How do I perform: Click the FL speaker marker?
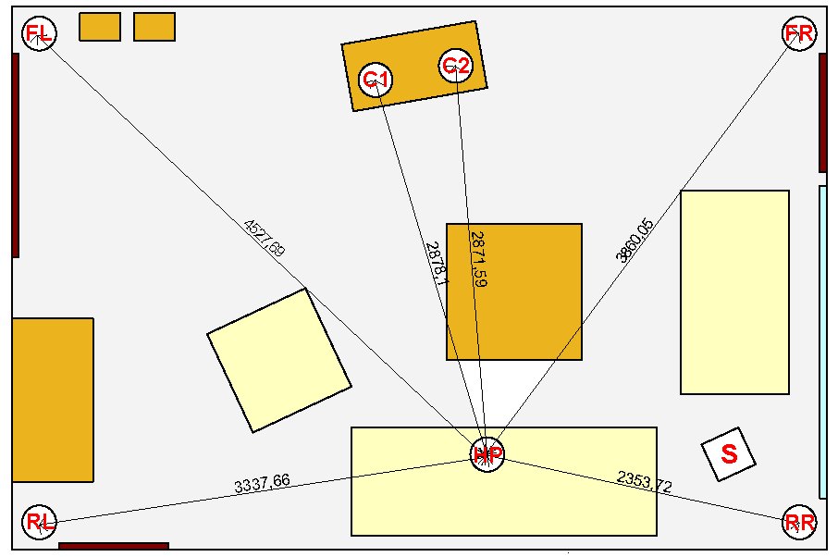coord(39,34)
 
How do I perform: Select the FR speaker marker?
coord(798,34)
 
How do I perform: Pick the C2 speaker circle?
coord(456,66)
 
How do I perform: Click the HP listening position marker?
coord(487,454)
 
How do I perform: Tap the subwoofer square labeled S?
coord(729,453)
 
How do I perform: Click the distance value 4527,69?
coord(264,238)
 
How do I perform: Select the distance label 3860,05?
coord(635,241)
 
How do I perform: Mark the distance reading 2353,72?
coord(645,482)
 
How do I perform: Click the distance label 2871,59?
coord(477,259)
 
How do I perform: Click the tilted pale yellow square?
coord(278,360)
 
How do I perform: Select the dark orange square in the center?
coord(514,291)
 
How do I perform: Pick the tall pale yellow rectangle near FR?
coord(734,291)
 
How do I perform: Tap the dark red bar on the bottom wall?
coord(114,546)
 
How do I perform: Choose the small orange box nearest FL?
coord(100,27)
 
